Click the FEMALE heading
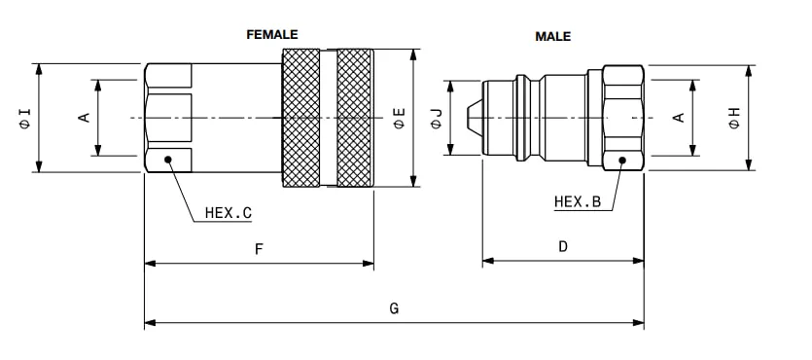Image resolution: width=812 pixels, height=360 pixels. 272,35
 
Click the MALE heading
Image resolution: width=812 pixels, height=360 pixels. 552,36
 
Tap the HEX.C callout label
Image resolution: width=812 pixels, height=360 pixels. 228,212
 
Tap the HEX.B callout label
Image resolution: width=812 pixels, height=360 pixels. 578,201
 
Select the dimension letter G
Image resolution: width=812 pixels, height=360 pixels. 394,308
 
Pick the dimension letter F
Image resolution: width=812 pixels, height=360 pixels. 259,250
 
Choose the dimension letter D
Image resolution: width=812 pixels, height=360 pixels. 563,247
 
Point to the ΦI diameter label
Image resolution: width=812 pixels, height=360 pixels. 25,118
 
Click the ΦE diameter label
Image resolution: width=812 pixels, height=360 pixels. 400,118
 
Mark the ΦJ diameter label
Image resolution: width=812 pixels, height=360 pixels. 437,118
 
